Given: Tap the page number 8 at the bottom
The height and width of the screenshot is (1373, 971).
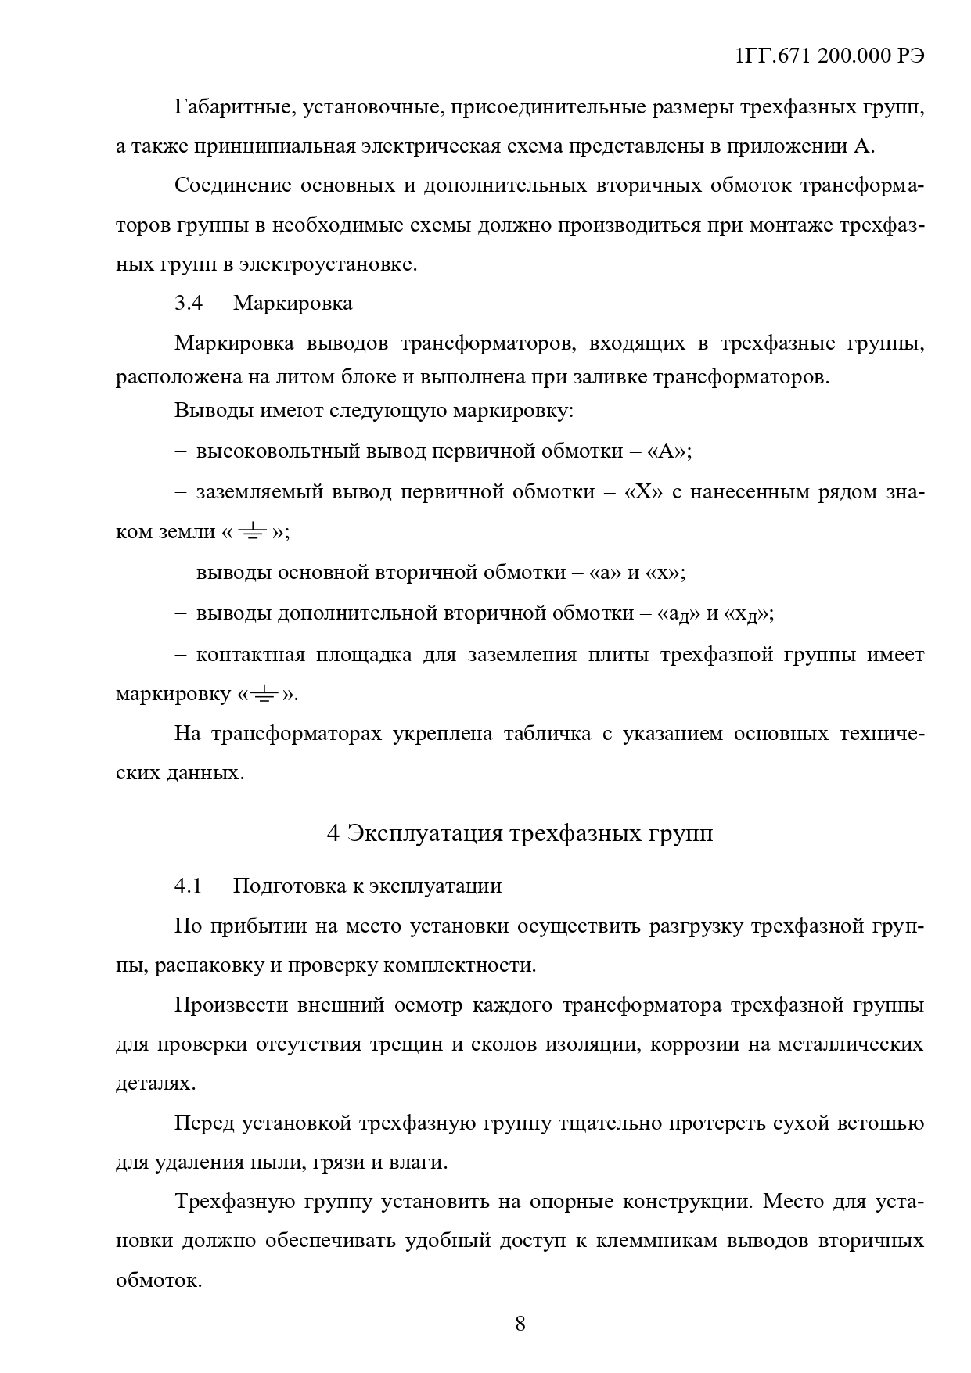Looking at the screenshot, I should point(520,1324).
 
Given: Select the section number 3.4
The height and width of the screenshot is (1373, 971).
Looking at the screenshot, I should point(189,304).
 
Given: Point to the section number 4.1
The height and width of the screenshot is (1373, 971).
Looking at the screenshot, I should point(189,886).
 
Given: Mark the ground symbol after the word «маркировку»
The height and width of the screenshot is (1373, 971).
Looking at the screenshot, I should point(268,694).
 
